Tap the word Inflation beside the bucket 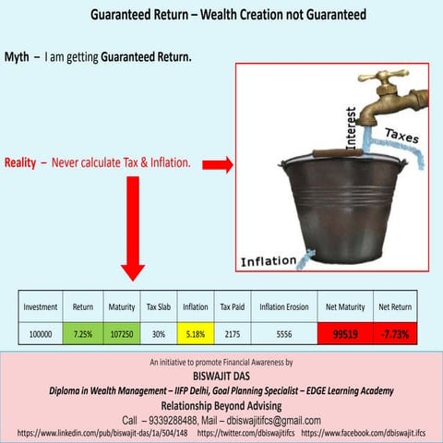[269, 261]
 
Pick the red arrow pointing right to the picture [217, 164]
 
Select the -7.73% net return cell [395, 332]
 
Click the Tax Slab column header [158, 306]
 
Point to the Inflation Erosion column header [283, 306]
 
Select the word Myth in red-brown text [18, 57]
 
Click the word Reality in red [20, 162]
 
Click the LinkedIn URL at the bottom [102, 432]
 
